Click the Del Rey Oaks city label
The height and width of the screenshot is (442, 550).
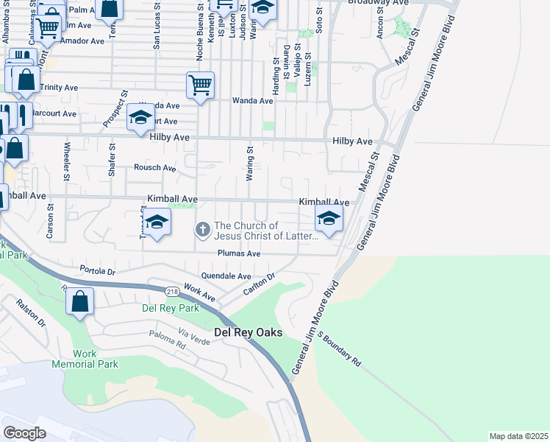248,332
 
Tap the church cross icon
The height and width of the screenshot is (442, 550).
202,231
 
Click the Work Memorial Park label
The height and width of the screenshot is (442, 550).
85,359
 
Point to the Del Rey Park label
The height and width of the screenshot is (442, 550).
170,308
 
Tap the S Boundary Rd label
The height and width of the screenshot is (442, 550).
340,348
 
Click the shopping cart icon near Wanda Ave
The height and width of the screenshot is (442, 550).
200,85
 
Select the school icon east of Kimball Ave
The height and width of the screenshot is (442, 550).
329,218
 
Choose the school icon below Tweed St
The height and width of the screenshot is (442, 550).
156,222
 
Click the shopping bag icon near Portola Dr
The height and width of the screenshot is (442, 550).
79,301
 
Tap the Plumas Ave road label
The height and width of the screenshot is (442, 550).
239,253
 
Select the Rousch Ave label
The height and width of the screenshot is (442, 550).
154,168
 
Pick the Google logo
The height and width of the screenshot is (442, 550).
24,433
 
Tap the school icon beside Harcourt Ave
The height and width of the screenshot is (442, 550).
140,118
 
